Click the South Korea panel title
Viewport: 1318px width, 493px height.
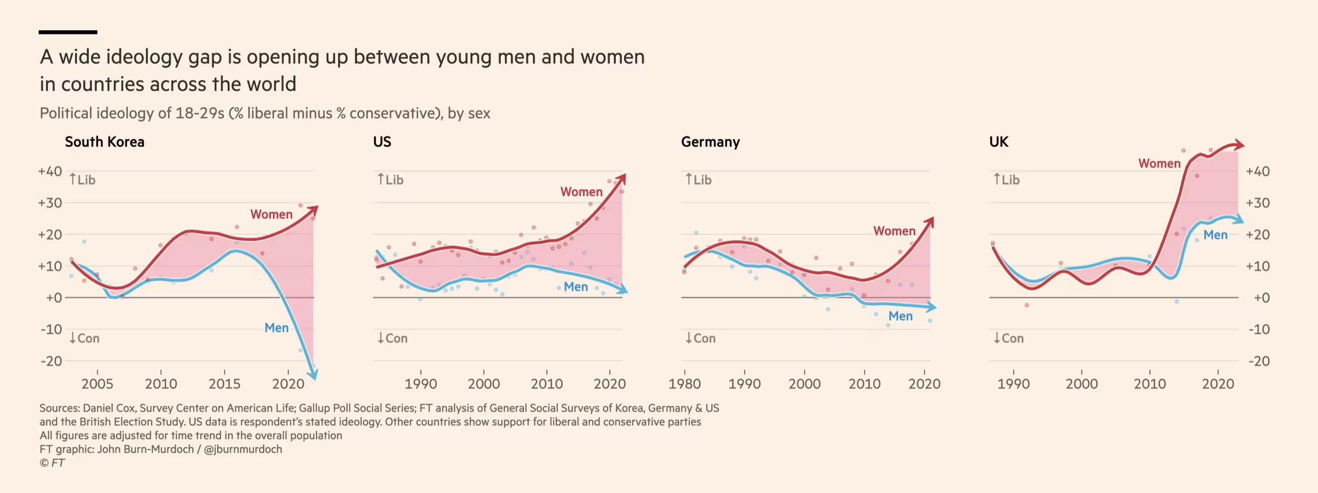104,142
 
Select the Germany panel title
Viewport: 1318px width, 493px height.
710,142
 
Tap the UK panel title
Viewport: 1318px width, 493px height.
998,142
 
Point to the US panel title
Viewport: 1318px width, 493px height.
382,142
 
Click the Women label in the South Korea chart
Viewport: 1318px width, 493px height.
271,214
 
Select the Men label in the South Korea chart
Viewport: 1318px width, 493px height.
276,328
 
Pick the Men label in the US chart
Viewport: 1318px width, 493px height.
575,287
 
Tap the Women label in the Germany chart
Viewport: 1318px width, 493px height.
894,231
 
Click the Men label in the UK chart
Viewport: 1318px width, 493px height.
1215,235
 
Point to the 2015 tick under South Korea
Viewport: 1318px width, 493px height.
225,384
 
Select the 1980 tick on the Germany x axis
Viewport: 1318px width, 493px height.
685,384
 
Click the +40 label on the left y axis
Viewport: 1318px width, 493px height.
50,171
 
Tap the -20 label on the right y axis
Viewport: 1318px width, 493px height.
1259,361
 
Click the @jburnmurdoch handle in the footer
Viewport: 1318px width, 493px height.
243,449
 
